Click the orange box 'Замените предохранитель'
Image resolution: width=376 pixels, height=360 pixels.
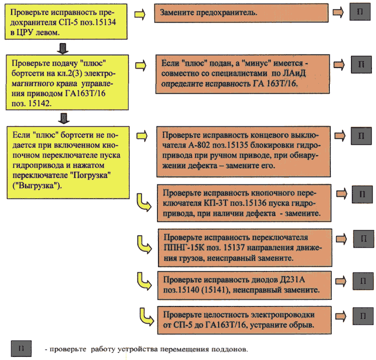241,13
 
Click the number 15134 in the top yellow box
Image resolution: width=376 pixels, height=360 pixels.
105,22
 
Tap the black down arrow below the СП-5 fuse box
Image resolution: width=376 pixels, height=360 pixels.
63,49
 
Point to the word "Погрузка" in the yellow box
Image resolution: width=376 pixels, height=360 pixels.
90,175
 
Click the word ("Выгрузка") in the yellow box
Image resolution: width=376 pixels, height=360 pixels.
37,186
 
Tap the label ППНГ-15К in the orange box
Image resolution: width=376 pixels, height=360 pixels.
184,247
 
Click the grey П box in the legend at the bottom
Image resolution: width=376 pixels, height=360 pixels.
21,348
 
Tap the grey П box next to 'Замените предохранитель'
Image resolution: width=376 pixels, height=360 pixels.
360,12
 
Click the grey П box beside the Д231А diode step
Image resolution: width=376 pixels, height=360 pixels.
363,281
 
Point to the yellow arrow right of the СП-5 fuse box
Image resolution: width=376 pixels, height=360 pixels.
140,15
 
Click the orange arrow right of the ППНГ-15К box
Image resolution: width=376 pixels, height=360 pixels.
341,239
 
